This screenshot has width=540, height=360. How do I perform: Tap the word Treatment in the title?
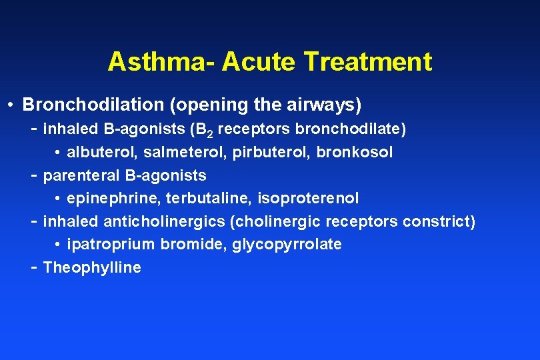[367, 62]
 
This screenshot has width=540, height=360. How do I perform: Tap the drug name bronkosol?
[354, 152]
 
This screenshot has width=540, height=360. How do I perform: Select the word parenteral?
[80, 175]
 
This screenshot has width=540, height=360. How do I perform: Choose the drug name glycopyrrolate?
[287, 245]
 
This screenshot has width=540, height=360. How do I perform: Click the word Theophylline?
[92, 268]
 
